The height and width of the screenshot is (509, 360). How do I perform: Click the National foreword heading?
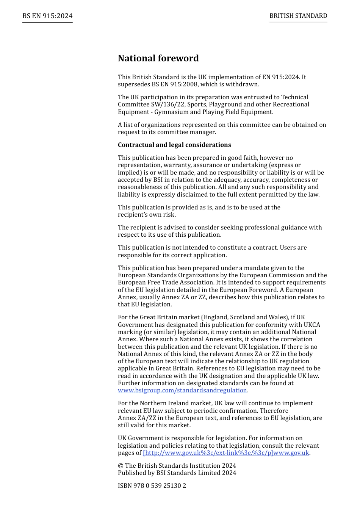158,58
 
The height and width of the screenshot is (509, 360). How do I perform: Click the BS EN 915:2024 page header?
47,16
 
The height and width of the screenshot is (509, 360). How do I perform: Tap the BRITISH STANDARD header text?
298,16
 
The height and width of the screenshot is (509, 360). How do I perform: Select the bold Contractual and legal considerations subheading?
174,145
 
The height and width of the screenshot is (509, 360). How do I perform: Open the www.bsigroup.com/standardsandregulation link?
182,390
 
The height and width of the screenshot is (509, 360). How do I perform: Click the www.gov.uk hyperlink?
226,453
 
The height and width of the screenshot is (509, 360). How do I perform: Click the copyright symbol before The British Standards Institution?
121,466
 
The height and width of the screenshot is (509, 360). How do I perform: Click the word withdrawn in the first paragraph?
242,84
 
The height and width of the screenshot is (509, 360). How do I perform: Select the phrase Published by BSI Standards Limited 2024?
177,473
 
